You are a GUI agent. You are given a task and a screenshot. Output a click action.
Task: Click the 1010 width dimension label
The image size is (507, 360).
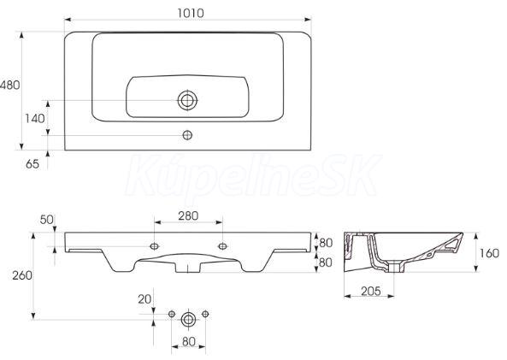pyautogui.click(x=191, y=13)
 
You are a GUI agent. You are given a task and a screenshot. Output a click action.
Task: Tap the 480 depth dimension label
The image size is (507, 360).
pyautogui.click(x=9, y=85)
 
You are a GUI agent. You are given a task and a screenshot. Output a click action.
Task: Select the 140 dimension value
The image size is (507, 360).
pyautogui.click(x=35, y=119)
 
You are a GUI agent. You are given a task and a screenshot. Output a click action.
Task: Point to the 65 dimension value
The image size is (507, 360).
pyautogui.click(x=32, y=164)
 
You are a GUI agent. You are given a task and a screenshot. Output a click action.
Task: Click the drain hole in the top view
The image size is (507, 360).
pyautogui.click(x=187, y=100)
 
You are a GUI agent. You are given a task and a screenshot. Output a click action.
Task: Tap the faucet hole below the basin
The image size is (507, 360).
pyautogui.click(x=187, y=135)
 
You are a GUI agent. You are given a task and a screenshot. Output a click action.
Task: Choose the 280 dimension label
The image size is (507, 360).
pyautogui.click(x=188, y=215)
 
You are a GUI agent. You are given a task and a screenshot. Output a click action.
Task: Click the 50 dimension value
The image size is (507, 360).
pyautogui.click(x=46, y=220)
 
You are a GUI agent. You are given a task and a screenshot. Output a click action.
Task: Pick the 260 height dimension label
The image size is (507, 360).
pyautogui.click(x=22, y=275)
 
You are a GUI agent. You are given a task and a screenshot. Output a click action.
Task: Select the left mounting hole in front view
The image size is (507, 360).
pyautogui.click(x=154, y=246)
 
